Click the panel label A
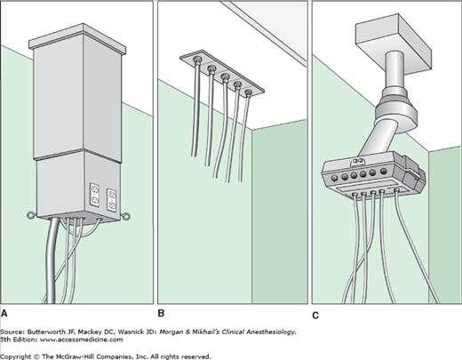tap(4, 314)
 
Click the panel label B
tap(161, 314)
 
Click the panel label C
tap(315, 316)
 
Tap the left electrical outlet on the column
tap(94, 194)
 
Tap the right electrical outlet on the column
tap(111, 200)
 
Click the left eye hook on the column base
tap(31, 215)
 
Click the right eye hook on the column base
tap(125, 217)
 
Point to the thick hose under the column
tap(52, 260)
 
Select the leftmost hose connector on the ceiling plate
tap(197, 60)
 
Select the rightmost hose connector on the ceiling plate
tap(249, 93)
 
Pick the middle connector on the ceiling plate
tap(225, 77)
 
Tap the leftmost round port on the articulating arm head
tap(335, 178)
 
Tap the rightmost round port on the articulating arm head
tap(384, 171)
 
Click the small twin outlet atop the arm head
tap(357, 162)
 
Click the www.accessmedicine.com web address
tap(82, 340)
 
